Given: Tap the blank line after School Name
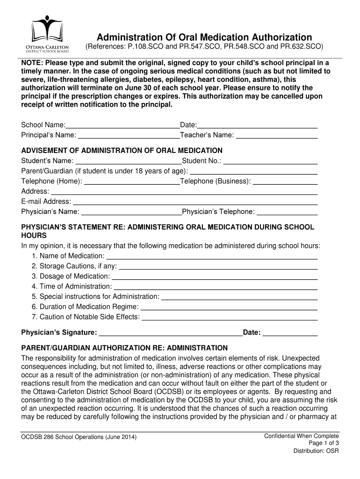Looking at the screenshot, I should [122, 125].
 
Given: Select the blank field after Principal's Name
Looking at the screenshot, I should [129, 136].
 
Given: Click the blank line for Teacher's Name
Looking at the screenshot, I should [277, 136].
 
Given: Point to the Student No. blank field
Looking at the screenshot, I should [271, 161].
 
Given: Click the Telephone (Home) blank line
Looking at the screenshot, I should [132, 181].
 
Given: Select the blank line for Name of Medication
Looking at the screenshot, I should [212, 256].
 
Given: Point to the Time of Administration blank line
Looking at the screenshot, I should [216, 287].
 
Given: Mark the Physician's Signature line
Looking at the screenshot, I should [171, 333].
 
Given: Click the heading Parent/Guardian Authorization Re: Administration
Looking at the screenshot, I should [125, 348].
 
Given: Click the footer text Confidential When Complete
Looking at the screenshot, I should [302, 436].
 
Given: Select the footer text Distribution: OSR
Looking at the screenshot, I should [316, 451].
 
